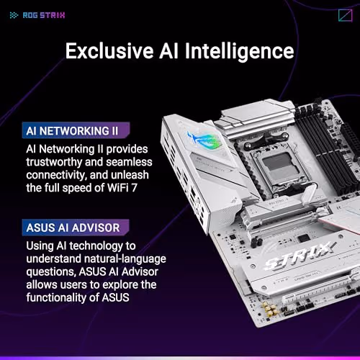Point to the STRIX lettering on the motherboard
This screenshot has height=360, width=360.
[x=289, y=255]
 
